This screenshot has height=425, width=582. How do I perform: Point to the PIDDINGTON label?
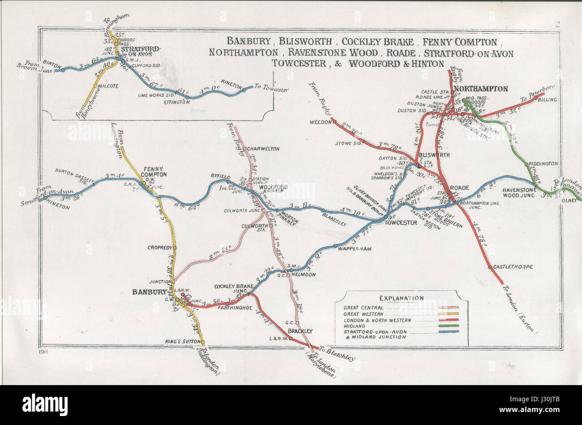point(543,164)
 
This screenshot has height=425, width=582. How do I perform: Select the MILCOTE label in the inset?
point(108,86)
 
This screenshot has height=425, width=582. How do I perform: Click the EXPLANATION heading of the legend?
point(401,298)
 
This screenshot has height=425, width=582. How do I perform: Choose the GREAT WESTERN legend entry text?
point(363,314)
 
